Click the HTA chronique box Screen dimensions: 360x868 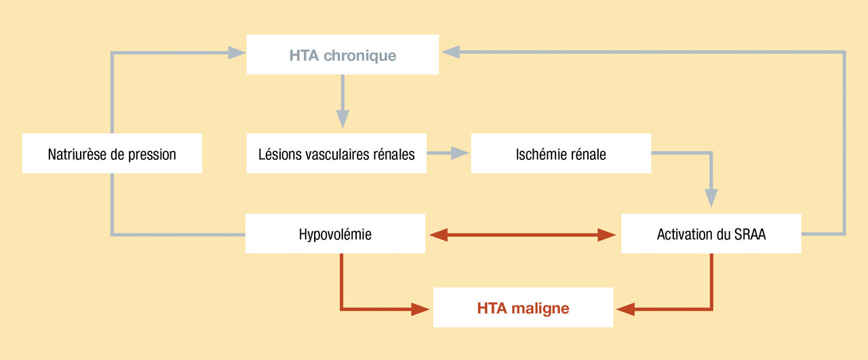click(x=342, y=54)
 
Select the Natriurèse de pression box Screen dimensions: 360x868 click(x=112, y=154)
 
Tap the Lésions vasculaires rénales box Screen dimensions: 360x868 click(x=336, y=154)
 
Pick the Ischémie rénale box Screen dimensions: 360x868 click(x=561, y=154)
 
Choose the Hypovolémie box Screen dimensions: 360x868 click(x=335, y=235)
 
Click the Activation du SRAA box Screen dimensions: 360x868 click(x=711, y=235)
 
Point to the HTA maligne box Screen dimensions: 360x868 click(x=523, y=308)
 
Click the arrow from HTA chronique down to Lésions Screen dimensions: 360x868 click(x=342, y=102)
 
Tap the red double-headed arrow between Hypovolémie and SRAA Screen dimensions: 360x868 click(x=523, y=235)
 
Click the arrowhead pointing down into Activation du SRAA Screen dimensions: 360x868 click(x=711, y=197)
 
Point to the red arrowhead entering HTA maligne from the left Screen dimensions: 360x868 click(x=421, y=309)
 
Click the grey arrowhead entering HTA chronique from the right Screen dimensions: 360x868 click(x=450, y=51)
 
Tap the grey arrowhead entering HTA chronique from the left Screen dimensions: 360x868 click(x=237, y=52)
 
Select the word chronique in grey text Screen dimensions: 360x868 click(x=360, y=55)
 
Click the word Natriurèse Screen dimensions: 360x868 click(x=77, y=154)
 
